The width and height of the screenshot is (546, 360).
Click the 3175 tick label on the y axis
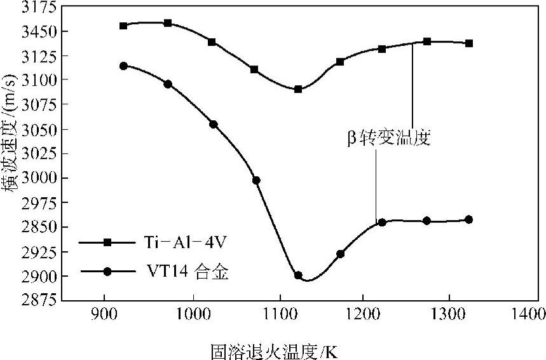40,7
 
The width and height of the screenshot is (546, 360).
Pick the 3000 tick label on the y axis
40,178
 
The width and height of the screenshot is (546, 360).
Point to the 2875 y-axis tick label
40,300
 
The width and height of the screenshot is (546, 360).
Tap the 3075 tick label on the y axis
40,104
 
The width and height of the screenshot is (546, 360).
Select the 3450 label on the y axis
40,31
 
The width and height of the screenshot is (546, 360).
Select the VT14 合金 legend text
181,272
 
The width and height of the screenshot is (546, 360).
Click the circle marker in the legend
107,272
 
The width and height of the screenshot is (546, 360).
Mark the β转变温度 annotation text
389,138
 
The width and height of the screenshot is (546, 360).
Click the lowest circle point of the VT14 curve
298,275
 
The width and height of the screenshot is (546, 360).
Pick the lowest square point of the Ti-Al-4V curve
297,89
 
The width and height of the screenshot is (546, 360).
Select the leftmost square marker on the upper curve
123,25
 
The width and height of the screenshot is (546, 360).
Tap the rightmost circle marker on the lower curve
469,219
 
